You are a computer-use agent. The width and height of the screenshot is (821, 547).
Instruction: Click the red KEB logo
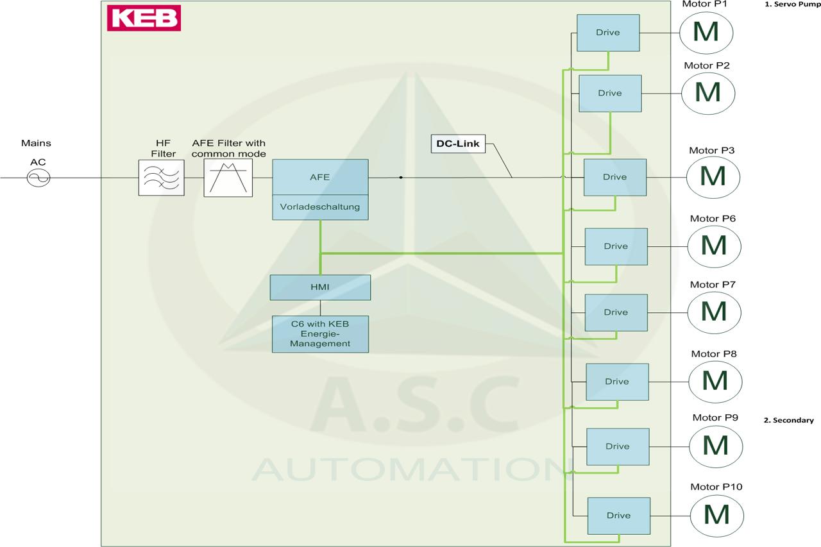[144, 18]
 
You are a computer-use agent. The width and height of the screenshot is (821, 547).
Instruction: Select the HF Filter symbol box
[161, 178]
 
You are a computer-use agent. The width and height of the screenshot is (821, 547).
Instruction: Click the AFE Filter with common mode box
[228, 178]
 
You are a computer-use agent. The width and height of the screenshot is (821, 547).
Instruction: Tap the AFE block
[320, 177]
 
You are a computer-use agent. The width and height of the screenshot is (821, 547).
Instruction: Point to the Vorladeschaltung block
[320, 207]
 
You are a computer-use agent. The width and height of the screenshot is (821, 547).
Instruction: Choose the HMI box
[320, 287]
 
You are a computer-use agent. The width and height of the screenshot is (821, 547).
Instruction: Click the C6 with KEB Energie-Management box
[320, 334]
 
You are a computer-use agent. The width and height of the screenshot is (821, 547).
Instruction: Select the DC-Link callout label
[458, 144]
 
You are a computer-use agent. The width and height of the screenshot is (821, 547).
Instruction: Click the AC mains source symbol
[38, 178]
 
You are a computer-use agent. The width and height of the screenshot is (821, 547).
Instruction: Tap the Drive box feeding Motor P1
[608, 33]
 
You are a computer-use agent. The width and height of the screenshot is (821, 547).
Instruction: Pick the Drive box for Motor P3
[615, 178]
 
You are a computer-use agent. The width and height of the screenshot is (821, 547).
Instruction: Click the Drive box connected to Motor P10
[619, 516]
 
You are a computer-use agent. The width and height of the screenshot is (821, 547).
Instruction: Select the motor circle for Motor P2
[708, 94]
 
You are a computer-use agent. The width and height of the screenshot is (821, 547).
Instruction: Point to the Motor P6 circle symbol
[715, 246]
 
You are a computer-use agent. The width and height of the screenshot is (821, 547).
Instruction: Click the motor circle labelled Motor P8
[715, 382]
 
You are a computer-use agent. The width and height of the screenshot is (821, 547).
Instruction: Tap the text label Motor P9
[715, 417]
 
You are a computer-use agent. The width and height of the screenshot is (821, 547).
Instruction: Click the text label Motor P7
[713, 285]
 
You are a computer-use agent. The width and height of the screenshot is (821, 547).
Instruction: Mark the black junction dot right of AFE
[401, 178]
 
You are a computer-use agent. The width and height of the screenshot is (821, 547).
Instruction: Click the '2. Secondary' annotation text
[789, 420]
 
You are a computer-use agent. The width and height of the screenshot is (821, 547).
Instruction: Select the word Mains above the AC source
[36, 143]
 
